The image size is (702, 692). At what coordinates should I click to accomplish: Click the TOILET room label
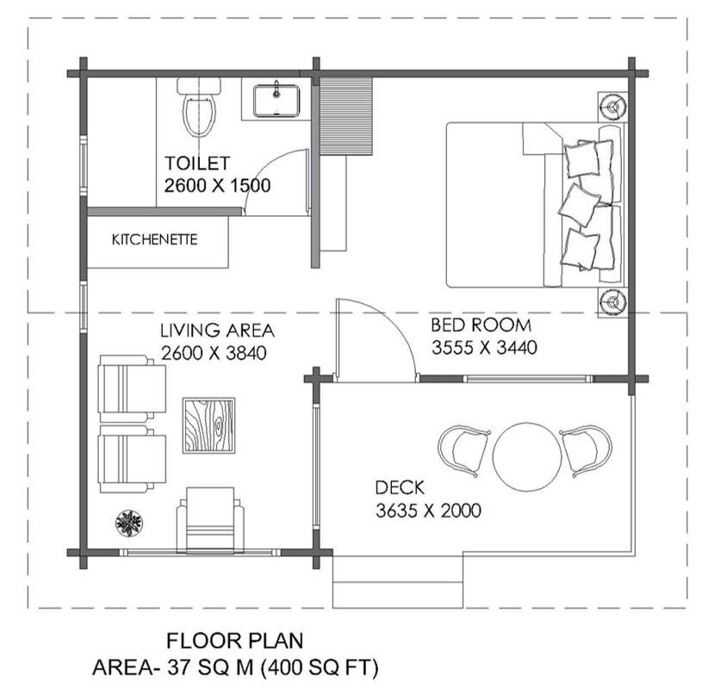[x=197, y=163]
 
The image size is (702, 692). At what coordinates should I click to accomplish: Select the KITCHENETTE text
[x=154, y=239]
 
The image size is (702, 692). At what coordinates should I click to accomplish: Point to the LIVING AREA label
[x=217, y=331]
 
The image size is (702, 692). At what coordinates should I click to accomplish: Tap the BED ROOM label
[x=481, y=326]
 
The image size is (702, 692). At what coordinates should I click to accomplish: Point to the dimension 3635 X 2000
[x=428, y=510]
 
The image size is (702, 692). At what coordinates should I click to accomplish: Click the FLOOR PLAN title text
[x=234, y=640]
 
